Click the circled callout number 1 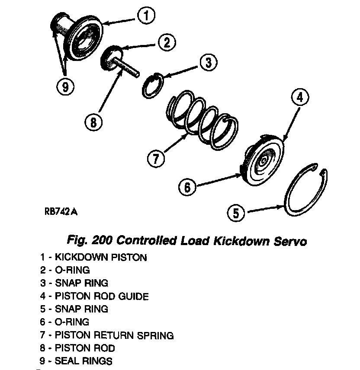click(x=146, y=16)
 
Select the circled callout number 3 click(x=208, y=63)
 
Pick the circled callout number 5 click(x=236, y=214)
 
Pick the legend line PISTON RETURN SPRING click(x=107, y=335)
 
